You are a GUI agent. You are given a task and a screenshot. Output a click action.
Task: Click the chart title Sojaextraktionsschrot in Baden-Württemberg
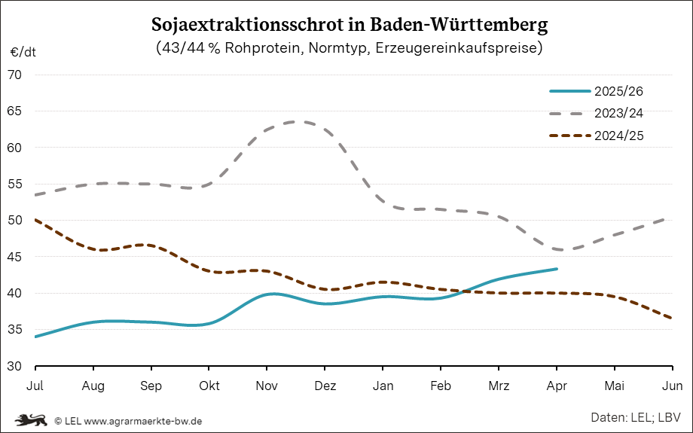(x=349, y=24)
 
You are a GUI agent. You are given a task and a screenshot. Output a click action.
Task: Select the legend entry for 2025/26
(x=618, y=91)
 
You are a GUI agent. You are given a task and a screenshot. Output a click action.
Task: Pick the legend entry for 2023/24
(x=618, y=114)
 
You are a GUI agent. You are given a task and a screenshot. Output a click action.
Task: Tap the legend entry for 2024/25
(x=618, y=136)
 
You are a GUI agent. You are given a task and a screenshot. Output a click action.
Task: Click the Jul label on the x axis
(x=35, y=386)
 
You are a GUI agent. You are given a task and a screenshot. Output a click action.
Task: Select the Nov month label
(x=267, y=386)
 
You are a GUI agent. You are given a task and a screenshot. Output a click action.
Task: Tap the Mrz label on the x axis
(x=499, y=386)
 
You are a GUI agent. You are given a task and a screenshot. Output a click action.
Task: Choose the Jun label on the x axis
(x=673, y=386)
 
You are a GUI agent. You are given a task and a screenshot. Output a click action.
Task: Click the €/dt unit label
(x=23, y=53)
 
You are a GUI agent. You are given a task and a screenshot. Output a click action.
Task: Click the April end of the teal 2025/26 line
(x=557, y=269)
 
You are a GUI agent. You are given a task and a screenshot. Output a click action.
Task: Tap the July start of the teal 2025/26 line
(x=35, y=337)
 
